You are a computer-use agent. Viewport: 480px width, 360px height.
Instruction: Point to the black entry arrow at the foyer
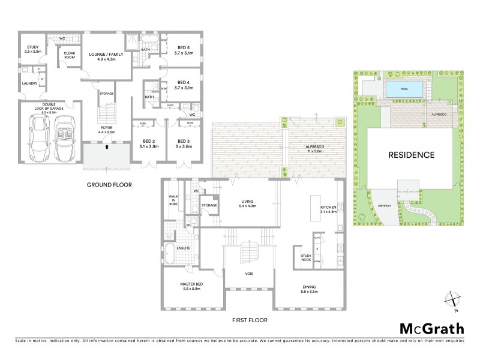tap(107, 145)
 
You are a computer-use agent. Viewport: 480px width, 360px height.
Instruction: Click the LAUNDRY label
tap(29, 84)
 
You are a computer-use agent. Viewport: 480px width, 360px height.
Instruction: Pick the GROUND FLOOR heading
tap(109, 185)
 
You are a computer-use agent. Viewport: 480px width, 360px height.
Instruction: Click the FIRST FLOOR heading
tap(249, 320)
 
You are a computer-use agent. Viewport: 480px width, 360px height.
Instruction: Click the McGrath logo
tap(431, 328)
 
